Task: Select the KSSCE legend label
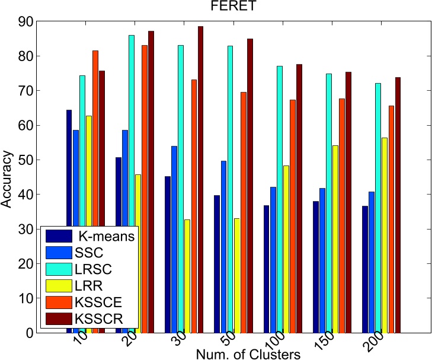point(101,302)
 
